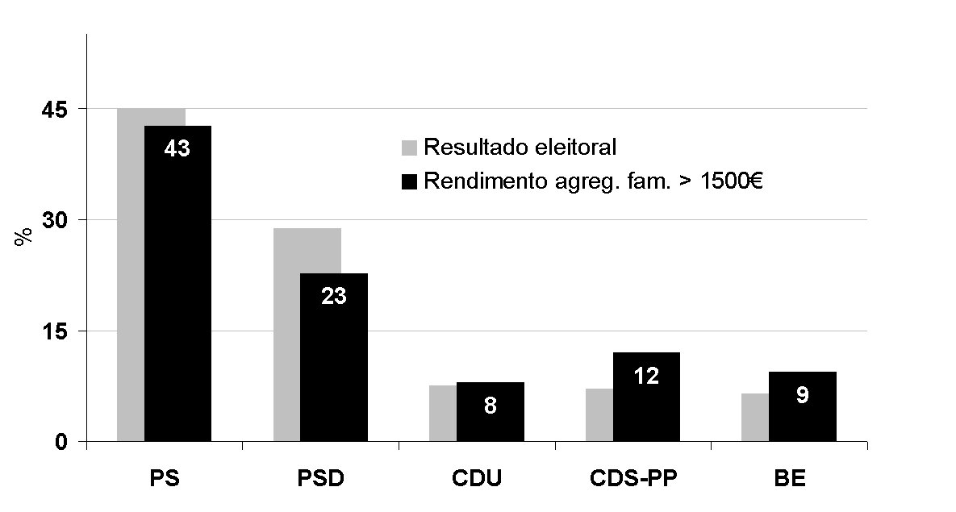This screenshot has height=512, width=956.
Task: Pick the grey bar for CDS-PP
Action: pos(599,415)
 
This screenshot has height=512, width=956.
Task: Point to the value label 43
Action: pos(177,149)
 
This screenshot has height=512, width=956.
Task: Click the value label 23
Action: pos(334,297)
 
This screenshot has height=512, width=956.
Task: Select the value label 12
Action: pos(646,376)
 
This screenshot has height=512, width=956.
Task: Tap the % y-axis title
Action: pos(25,236)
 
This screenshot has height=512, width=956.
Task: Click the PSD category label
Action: pos(320,478)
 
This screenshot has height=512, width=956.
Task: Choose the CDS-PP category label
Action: pos(633,478)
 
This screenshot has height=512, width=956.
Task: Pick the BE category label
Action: pos(789,478)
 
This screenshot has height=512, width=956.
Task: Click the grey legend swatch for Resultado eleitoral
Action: pos(409,148)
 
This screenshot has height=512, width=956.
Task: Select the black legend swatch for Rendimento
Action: pos(409,182)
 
